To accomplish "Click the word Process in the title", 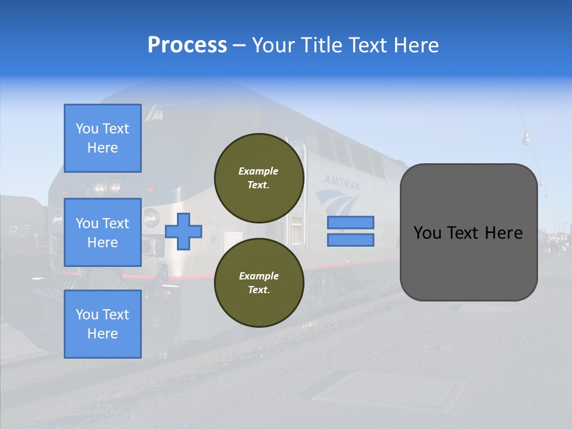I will point(187,45).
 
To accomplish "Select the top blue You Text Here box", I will point(102,138).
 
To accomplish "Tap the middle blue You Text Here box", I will point(102,232).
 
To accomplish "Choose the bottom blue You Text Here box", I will point(102,324).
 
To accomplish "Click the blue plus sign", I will point(184,231).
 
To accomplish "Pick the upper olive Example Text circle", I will point(259,178).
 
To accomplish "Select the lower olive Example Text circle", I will point(259,283).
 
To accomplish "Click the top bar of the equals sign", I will point(350,222).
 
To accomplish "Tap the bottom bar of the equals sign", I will point(350,240).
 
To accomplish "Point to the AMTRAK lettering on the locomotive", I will point(343,182).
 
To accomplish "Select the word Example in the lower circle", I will point(259,276).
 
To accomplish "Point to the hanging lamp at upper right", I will point(526,139).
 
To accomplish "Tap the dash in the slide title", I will point(239,45).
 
